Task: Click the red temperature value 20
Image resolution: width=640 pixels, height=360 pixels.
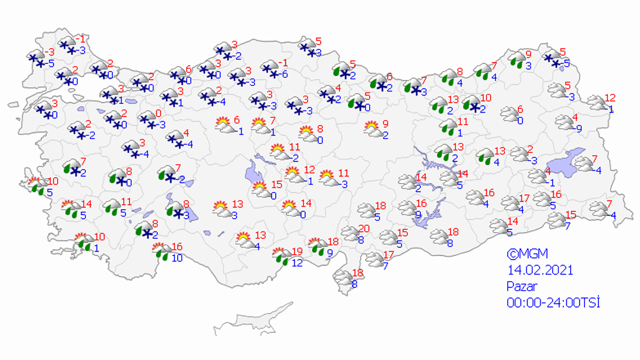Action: (364, 229)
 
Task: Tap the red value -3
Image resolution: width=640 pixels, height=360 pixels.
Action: (50, 52)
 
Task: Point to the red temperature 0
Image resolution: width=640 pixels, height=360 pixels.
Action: (158, 113)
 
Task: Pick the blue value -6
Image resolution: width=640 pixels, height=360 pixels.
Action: (285, 74)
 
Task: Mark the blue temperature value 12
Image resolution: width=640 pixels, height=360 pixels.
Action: (297, 262)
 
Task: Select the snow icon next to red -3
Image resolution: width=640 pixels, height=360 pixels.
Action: (36, 58)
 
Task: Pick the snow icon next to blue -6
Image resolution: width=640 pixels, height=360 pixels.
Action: (271, 68)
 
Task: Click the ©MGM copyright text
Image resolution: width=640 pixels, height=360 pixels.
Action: (527, 254)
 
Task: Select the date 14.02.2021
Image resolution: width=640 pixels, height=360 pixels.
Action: (540, 270)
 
